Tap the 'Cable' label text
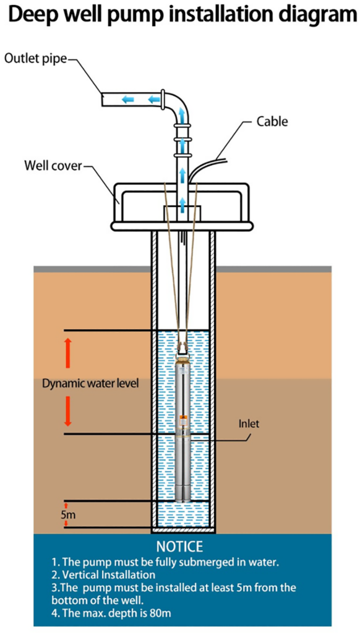pos(273,121)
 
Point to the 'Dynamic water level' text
pos(90,383)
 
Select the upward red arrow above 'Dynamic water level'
pos(67,353)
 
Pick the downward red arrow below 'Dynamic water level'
pos(67,411)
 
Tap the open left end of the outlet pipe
pos(103,100)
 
